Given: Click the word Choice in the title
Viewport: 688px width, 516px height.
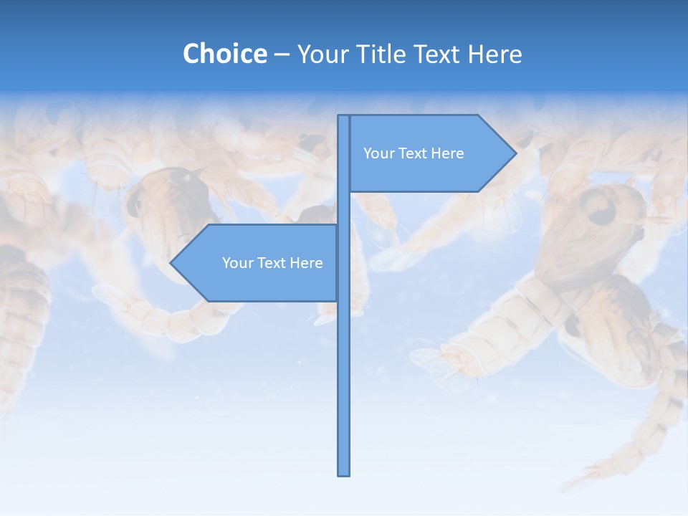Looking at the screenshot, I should [224, 54].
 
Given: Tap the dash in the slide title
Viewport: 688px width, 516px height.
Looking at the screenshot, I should [282, 54].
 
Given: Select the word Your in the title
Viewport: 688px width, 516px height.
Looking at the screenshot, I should [321, 54].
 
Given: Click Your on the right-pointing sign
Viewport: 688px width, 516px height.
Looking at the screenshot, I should [378, 153].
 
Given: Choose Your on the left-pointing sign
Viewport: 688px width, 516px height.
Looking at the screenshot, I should [236, 263].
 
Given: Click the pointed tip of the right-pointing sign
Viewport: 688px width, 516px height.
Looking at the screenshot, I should [515, 153].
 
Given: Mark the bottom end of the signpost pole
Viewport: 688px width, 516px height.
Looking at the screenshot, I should [344, 474].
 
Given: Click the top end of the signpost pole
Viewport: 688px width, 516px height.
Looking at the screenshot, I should [344, 117].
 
